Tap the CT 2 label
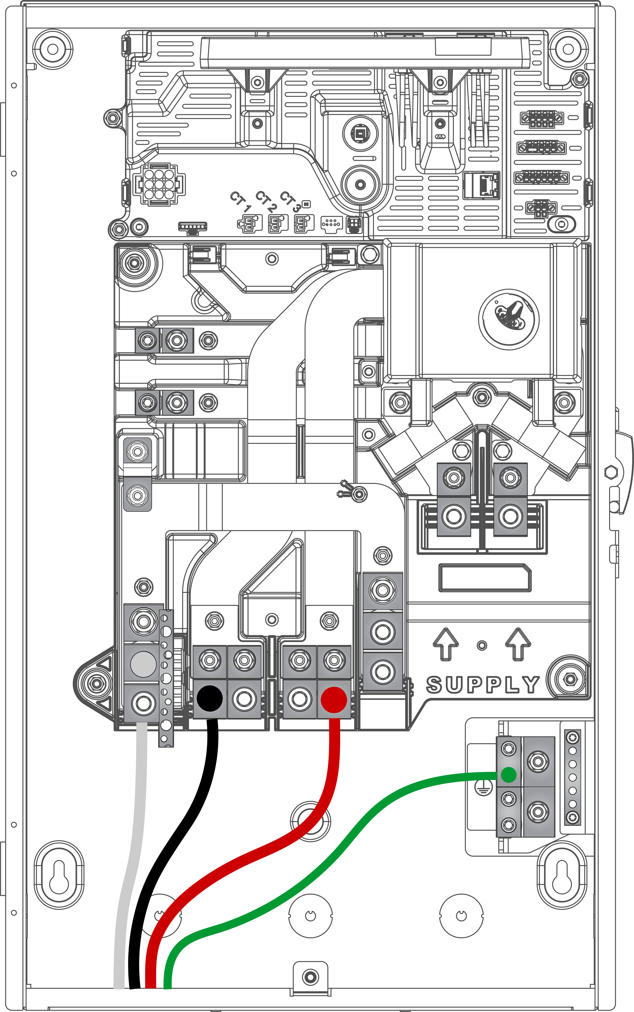click(266, 201)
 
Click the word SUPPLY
click(483, 684)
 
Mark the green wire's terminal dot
click(509, 774)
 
